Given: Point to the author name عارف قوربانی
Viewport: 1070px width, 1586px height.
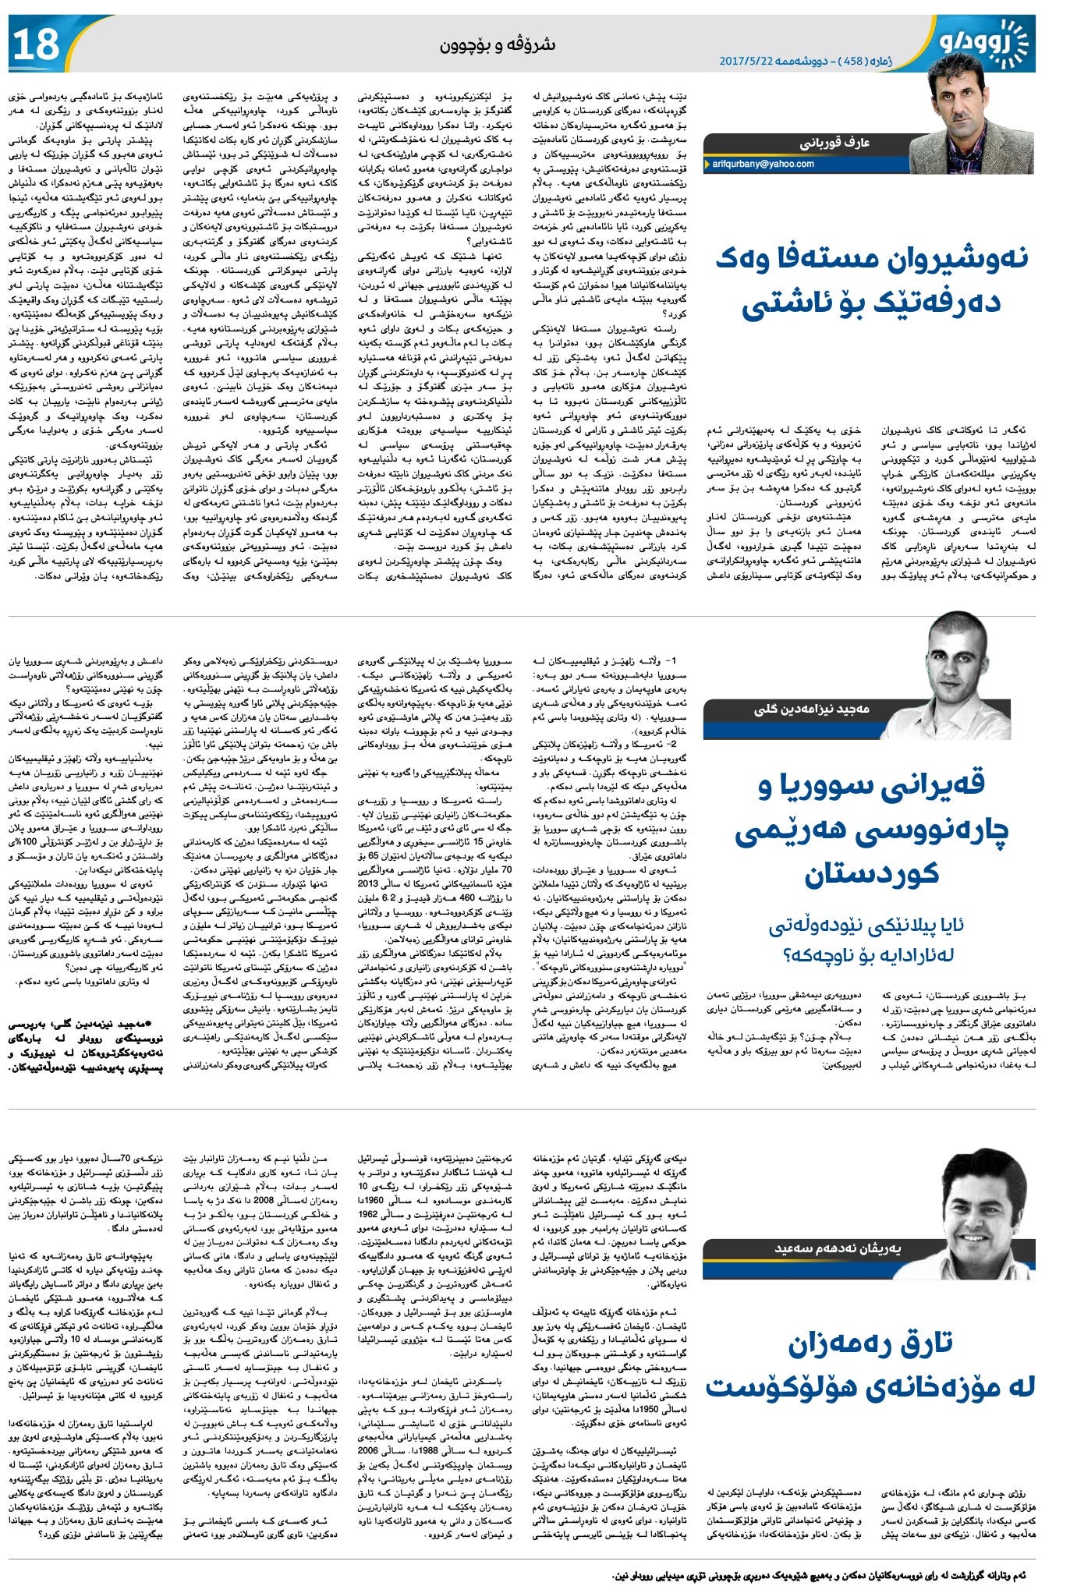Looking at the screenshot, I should coord(834,143).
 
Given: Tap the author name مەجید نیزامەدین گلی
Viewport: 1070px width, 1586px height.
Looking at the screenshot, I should coord(812,709).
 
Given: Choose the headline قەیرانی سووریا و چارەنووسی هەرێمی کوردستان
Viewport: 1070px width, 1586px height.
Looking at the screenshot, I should coord(871,829).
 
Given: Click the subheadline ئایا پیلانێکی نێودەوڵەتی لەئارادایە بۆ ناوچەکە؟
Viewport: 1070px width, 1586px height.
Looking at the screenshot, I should coord(866,940).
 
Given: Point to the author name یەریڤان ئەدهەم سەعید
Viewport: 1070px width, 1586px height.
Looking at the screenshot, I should coord(838,1248).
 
